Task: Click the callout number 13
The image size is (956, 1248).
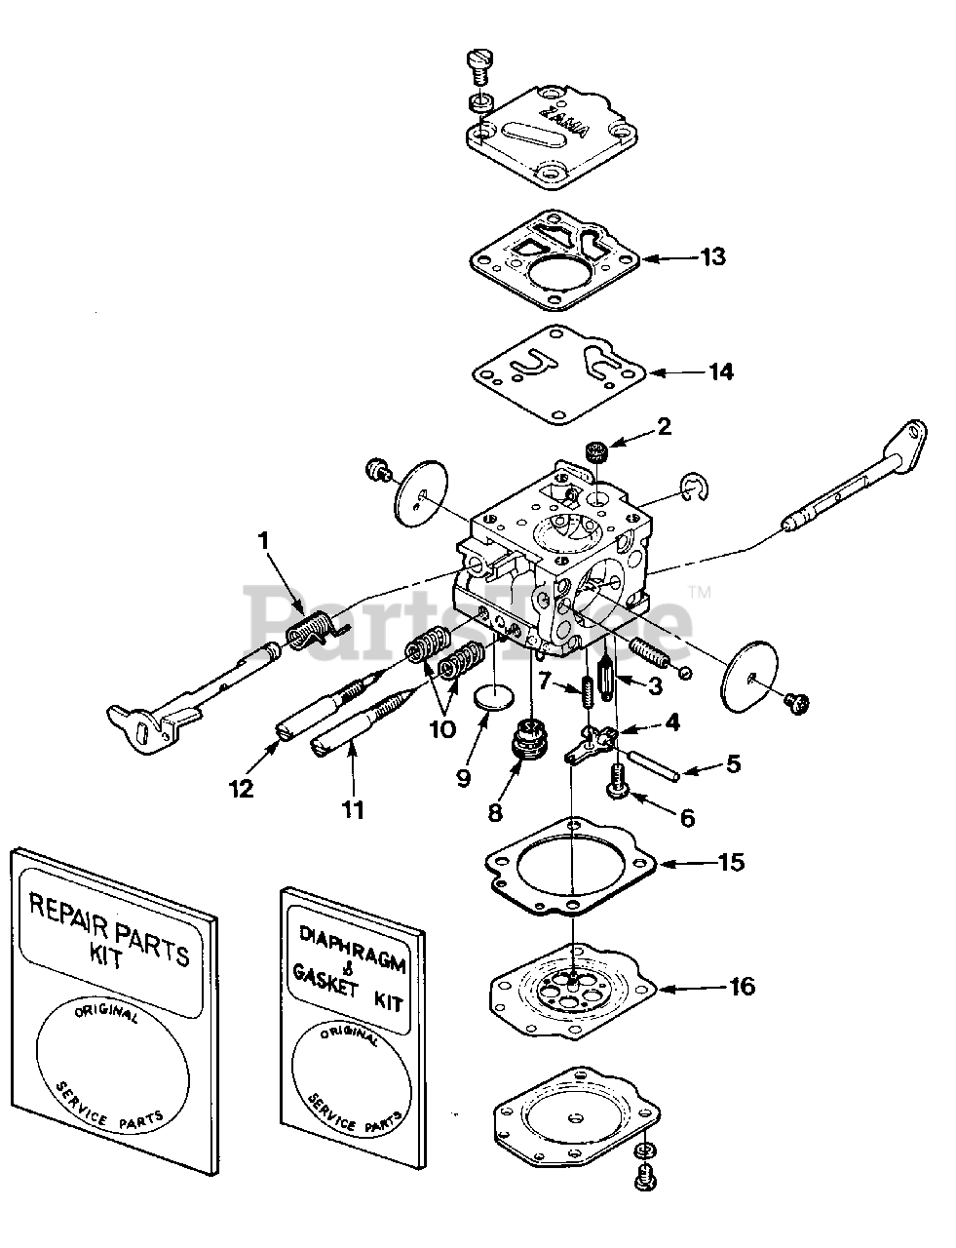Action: click(x=713, y=257)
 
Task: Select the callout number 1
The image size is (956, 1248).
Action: click(x=262, y=537)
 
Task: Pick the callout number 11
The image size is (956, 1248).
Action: click(x=354, y=808)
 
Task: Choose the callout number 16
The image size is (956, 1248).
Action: click(x=742, y=987)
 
